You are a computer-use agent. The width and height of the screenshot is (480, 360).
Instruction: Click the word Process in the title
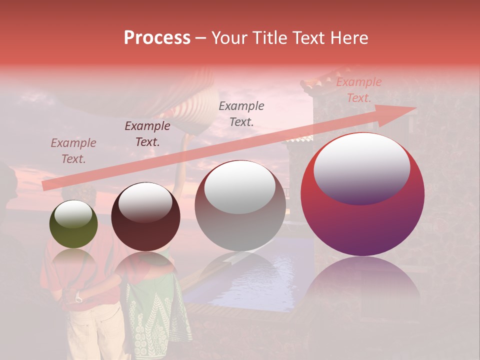pyautogui.click(x=157, y=38)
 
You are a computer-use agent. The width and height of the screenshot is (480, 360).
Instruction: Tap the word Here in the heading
pyautogui.click(x=349, y=38)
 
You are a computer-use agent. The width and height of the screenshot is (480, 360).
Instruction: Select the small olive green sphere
pyautogui.click(x=73, y=225)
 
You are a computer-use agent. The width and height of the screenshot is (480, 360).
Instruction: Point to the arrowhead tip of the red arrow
pyautogui.click(x=415, y=108)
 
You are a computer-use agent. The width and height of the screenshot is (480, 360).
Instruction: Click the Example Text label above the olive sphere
pyautogui.click(x=73, y=151)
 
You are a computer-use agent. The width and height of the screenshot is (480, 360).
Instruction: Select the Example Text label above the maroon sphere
pyautogui.click(x=147, y=134)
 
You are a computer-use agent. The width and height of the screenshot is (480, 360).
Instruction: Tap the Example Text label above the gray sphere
pyautogui.click(x=241, y=113)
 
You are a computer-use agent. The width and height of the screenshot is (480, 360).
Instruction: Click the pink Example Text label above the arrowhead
pyautogui.click(x=358, y=90)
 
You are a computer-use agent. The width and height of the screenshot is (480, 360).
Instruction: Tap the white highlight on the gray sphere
pyautogui.click(x=239, y=186)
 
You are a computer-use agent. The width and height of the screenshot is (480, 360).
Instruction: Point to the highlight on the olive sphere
pyautogui.click(x=73, y=214)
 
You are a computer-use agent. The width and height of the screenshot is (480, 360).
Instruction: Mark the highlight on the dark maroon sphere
pyautogui.click(x=145, y=201)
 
